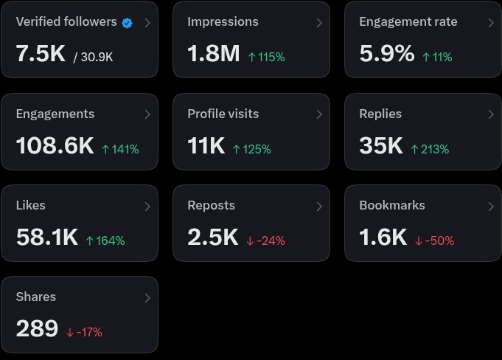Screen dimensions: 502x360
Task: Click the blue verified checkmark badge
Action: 127,23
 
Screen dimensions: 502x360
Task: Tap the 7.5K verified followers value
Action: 41,53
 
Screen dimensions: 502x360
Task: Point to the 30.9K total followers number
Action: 97,57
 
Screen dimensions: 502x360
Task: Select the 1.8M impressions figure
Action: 214,53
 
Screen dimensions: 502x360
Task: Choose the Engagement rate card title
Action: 408,22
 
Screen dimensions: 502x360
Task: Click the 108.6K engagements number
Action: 55,145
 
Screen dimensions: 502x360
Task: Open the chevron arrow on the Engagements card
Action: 147,114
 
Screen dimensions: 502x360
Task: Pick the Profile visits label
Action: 223,114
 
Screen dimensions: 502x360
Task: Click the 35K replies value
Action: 381,145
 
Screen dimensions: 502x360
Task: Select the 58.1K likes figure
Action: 47,237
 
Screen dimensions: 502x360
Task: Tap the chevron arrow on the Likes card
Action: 147,207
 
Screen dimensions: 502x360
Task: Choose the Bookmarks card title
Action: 392,205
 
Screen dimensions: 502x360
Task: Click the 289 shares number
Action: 37,328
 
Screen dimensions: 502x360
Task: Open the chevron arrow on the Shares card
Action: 147,298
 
